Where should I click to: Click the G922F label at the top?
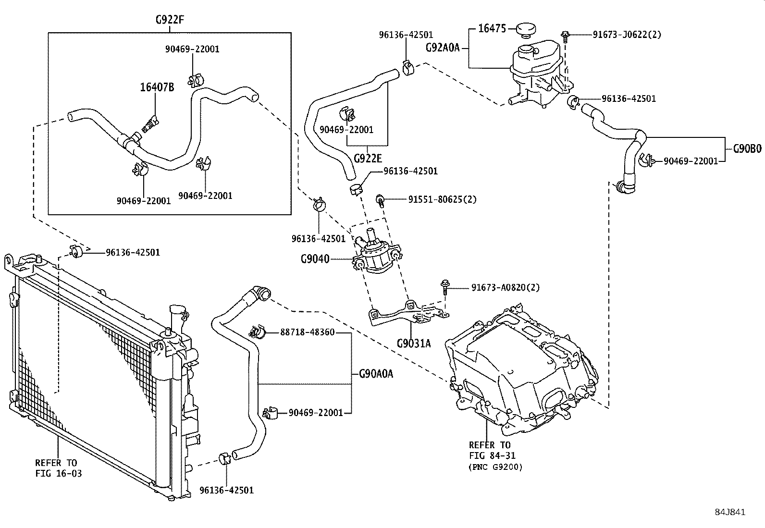170,20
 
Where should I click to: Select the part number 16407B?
157,87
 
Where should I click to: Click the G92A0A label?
443,48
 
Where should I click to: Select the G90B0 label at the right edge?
747,149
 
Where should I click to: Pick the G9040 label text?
315,259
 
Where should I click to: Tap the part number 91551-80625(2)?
442,199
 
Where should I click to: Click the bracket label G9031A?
414,344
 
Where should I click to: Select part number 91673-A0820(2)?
505,287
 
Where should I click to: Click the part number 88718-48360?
307,332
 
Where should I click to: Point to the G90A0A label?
376,373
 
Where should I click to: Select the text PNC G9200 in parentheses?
495,467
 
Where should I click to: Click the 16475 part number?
492,28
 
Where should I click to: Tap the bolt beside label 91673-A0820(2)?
444,287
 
